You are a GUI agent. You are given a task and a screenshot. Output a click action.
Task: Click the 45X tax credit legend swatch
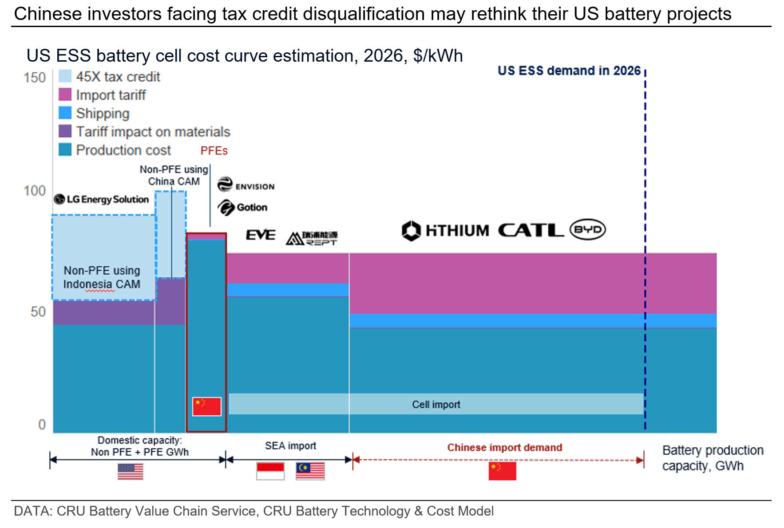pos(65,76)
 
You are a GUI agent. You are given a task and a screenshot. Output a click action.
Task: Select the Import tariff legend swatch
pos(65,95)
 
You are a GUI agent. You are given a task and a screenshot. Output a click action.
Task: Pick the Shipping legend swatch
pos(65,113)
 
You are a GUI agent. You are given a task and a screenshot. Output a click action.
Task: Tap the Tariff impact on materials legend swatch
pos(65,131)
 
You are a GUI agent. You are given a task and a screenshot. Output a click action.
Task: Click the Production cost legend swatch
pos(65,150)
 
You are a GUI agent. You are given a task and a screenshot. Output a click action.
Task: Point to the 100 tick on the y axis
pos(35,191)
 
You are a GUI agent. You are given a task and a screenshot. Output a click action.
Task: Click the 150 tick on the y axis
pos(35,78)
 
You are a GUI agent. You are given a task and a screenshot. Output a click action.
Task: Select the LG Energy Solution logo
pos(101,199)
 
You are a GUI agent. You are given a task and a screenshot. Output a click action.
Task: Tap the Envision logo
pos(246,185)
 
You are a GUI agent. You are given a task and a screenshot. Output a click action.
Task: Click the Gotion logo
pos(242,207)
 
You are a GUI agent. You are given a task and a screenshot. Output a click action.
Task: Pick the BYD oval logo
pos(588,230)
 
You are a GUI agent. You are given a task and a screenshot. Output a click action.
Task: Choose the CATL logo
pos(531,230)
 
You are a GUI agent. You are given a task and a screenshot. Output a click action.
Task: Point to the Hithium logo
pos(445,231)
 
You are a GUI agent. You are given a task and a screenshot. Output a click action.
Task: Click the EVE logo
pos(261,235)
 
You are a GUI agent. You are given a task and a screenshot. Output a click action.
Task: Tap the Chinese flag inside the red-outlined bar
pos(207,406)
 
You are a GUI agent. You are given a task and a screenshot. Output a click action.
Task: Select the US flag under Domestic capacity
pos(131,471)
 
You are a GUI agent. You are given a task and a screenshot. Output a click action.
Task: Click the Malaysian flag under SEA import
pos(310,471)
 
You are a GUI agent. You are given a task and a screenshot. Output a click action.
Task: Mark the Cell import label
pos(436,405)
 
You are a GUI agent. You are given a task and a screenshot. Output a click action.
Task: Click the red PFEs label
pos(214,151)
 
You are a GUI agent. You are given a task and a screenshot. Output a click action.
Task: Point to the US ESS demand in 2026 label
pos(569,71)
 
